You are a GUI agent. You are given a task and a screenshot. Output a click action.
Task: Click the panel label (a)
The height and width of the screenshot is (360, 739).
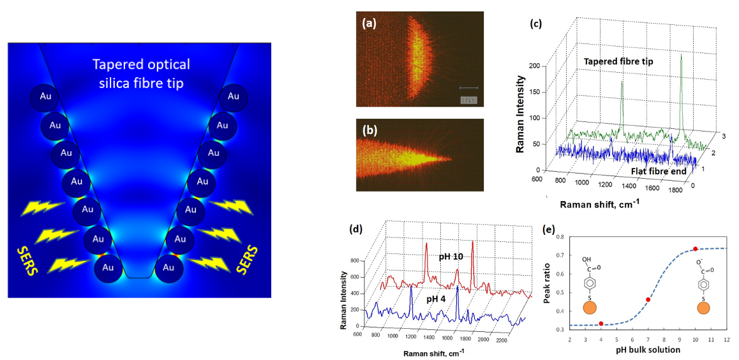tap(369, 25)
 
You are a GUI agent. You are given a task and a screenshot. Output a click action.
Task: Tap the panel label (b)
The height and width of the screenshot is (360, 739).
tap(369, 131)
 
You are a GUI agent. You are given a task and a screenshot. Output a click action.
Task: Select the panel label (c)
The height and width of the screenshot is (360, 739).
tap(536, 25)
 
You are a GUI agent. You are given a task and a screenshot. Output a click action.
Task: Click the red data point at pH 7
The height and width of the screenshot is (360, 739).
tap(648, 299)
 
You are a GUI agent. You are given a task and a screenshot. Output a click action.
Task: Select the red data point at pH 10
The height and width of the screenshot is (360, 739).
tap(696, 248)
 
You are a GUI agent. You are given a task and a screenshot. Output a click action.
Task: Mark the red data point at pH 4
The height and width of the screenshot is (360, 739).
tap(601, 324)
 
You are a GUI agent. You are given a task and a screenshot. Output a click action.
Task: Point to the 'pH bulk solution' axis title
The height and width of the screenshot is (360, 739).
tap(647, 350)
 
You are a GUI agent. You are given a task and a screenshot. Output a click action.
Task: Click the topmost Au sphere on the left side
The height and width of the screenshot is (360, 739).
tap(46, 96)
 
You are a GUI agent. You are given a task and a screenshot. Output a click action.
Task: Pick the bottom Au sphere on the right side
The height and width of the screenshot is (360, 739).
tap(168, 267)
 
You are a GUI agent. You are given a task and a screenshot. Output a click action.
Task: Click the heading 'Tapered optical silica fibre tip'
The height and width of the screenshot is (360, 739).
tap(141, 73)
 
